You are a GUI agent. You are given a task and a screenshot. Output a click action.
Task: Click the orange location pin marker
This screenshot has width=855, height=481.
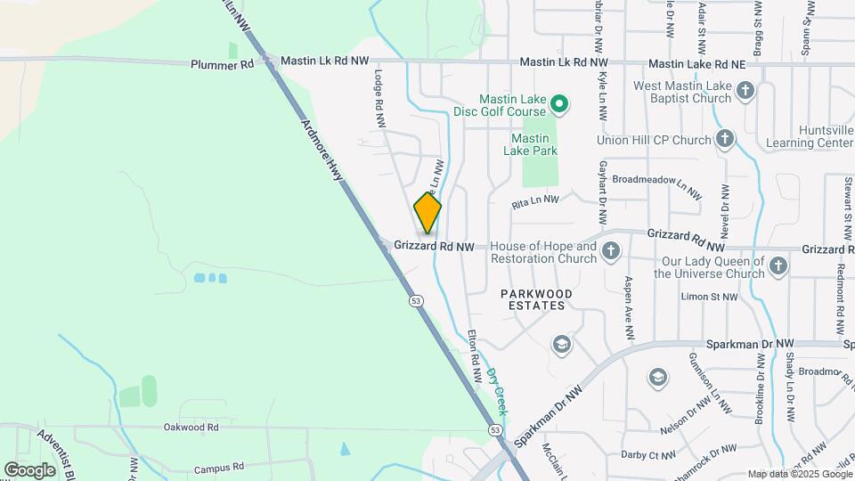pyautogui.click(x=427, y=212)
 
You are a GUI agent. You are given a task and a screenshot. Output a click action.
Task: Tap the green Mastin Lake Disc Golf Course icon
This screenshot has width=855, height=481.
pyautogui.click(x=558, y=105)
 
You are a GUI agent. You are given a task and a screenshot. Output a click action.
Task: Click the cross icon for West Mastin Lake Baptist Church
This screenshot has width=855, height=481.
pyautogui.click(x=745, y=90)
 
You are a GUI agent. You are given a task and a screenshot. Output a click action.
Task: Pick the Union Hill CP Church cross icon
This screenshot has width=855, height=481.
pyautogui.click(x=725, y=139)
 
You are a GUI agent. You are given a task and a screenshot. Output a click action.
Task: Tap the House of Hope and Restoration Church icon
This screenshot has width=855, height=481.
pyautogui.click(x=611, y=251)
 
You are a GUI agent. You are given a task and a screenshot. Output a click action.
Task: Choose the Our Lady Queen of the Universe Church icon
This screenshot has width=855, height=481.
pyautogui.click(x=778, y=265)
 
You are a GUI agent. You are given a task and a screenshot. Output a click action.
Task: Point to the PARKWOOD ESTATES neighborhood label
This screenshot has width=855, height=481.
pyautogui.click(x=536, y=298)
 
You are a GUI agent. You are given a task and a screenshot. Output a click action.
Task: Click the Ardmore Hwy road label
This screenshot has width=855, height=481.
pyautogui.click(x=322, y=151)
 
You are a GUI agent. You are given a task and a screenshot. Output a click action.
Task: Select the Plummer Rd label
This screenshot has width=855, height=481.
pyautogui.click(x=222, y=65)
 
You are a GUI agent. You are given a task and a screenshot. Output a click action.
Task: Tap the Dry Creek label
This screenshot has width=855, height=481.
pyautogui.click(x=497, y=392)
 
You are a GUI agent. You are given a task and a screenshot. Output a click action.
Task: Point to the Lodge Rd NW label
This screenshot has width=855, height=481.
pyautogui.click(x=379, y=99)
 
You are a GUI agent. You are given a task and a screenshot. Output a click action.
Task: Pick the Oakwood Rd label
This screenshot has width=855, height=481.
pyautogui.click(x=191, y=428)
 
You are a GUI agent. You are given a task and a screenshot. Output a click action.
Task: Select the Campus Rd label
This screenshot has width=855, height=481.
pyautogui.click(x=218, y=467)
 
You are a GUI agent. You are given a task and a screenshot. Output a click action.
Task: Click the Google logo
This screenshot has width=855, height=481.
pyautogui.click(x=29, y=469)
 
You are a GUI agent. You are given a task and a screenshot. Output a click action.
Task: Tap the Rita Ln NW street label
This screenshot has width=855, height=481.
pyautogui.click(x=535, y=203)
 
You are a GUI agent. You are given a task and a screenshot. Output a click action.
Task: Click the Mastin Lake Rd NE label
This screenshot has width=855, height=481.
pyautogui.click(x=696, y=64)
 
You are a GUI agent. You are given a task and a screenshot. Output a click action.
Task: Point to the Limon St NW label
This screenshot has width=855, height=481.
pyautogui.click(x=709, y=297)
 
